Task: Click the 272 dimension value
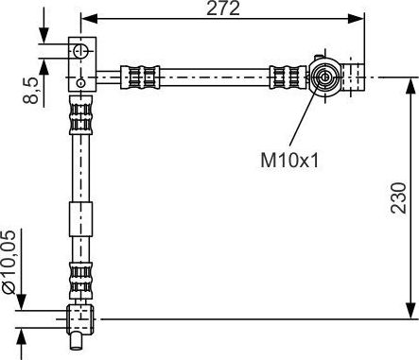(223, 9)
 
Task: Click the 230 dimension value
(398, 197)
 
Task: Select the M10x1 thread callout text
(289, 160)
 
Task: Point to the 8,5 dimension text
(30, 91)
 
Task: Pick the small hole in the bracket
(81, 83)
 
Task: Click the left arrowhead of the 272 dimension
(89, 19)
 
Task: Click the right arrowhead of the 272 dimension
(357, 19)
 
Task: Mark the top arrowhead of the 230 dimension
(410, 86)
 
